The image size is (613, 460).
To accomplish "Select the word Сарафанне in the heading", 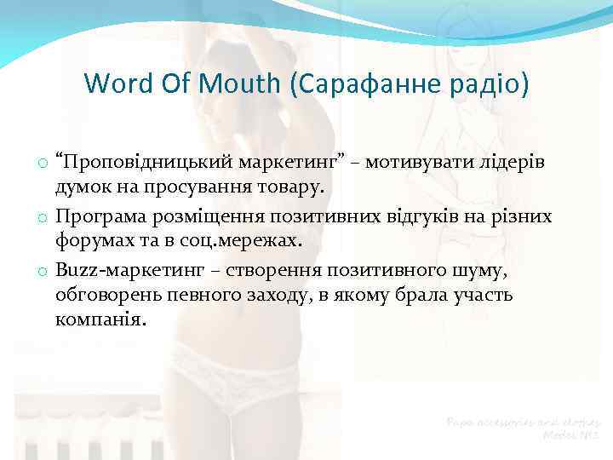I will click(347, 84).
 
